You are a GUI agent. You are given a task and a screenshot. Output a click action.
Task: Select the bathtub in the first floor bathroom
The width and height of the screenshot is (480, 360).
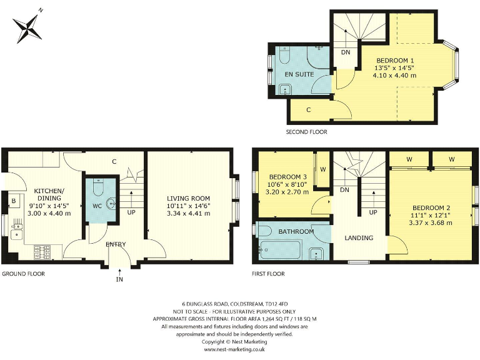coord(281,251)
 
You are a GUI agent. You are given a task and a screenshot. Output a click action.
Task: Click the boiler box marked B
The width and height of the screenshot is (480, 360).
coord(12,202)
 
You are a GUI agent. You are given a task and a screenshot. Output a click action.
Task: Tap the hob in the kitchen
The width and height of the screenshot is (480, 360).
coord(42,251)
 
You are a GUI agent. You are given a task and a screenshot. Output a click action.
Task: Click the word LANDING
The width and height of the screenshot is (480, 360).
coord(359,237)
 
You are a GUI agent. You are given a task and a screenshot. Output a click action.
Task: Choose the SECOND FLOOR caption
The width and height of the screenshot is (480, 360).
coord(306,132)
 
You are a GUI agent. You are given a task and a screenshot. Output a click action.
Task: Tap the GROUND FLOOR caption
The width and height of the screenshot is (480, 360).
coord(22,274)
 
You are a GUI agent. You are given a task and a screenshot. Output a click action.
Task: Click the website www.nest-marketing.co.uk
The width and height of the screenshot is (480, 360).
coord(235,350)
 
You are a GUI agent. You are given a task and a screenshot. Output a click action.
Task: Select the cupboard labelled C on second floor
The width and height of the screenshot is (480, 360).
coord(309,110)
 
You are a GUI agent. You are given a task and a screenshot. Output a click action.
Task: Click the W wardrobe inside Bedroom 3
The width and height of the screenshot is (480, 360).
coord(323,169)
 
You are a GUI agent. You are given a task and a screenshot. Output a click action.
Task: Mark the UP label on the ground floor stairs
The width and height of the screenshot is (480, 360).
coord(131,212)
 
